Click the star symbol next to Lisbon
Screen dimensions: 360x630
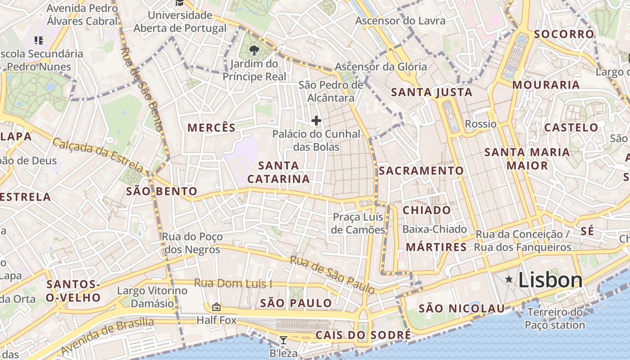click(509, 279)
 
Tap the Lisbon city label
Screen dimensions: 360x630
click(550, 280)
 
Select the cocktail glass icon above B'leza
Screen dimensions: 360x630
click(283, 340)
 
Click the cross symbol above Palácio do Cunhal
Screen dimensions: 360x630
click(316, 121)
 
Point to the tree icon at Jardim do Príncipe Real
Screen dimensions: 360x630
click(254, 50)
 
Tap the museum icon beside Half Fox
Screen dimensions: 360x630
click(216, 307)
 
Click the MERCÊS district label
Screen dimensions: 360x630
click(211, 128)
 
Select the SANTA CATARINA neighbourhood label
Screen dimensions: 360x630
click(279, 172)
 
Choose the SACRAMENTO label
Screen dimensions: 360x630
click(421, 171)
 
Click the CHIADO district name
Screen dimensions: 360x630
click(427, 210)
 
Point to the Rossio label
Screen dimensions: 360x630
click(481, 124)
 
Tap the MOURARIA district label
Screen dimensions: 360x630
click(546, 85)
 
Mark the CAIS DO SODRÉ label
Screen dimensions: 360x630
click(363, 335)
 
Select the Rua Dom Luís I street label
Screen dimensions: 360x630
click(233, 283)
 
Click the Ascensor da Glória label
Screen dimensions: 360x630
click(381, 67)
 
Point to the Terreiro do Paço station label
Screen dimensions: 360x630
click(555, 319)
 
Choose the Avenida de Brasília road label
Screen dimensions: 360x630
click(107, 336)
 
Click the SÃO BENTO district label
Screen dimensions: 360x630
click(162, 191)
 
